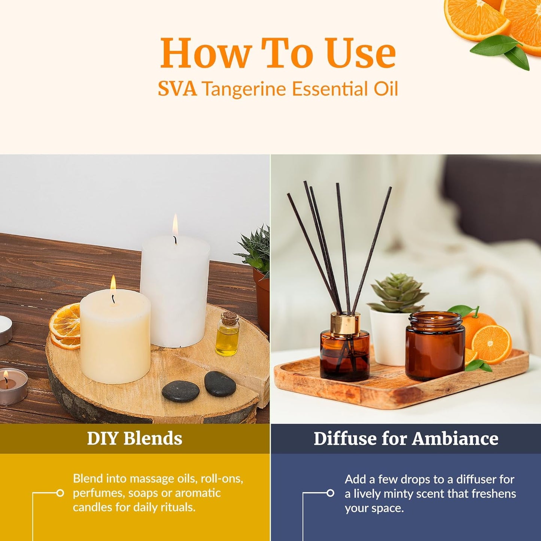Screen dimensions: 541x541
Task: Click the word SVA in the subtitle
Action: pos(177,89)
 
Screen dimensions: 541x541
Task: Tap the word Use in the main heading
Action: pos(360,54)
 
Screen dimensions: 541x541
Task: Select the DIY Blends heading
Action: pos(134,438)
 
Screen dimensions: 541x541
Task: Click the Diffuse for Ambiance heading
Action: pos(406,438)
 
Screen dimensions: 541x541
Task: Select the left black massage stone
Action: pos(180,392)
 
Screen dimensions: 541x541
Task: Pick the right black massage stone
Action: pos(220,383)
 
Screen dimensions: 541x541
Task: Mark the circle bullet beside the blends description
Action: pos(60,493)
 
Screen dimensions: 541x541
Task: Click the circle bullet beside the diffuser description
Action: pos(330,493)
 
